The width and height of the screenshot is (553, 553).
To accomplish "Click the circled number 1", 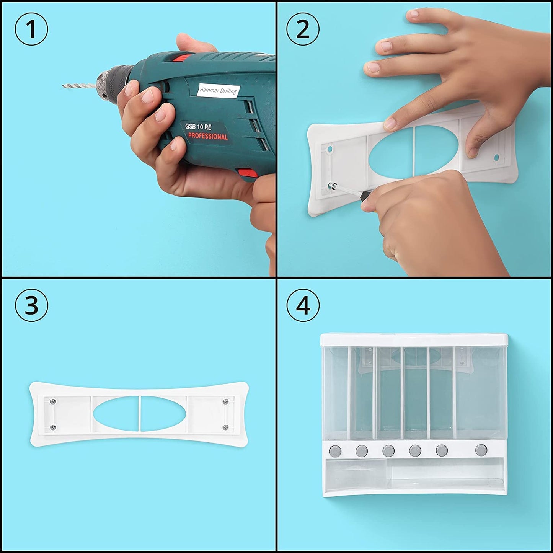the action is [x=31, y=29].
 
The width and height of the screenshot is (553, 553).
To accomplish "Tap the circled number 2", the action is [x=303, y=29].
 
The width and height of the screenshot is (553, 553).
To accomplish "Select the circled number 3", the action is [x=31, y=305].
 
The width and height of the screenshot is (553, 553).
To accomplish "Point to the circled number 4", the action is [x=303, y=305].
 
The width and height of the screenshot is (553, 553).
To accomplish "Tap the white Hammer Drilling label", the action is [x=218, y=91].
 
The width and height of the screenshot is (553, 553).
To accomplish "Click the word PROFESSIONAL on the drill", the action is [x=208, y=137].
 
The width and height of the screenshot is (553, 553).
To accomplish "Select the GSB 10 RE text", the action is [x=198, y=127].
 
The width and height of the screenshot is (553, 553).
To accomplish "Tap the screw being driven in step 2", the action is [x=333, y=185].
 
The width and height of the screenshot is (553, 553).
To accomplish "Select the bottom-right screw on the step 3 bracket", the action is [x=225, y=427].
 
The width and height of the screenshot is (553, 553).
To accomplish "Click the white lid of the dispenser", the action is [x=414, y=340].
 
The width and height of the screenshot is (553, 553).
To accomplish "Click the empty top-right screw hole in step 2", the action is [x=496, y=157].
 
